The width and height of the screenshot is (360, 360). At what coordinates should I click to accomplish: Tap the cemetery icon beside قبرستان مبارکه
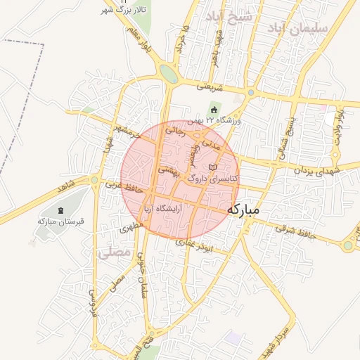click(60, 210)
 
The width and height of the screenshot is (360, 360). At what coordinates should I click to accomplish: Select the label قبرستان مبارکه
click(60, 221)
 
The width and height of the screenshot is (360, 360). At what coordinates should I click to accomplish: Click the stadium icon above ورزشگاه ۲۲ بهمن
click(214, 110)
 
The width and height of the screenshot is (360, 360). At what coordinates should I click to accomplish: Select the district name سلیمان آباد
click(299, 27)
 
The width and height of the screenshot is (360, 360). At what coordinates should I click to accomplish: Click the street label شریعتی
click(210, 87)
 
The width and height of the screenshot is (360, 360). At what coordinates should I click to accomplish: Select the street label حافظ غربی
click(124, 188)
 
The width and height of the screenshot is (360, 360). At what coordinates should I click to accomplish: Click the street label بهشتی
click(170, 169)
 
